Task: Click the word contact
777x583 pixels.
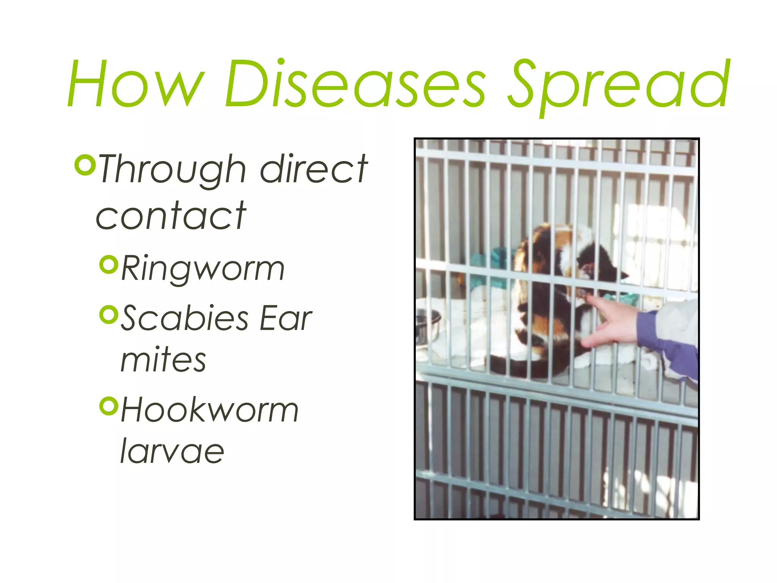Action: click(171, 216)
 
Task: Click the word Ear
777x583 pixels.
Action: click(285, 318)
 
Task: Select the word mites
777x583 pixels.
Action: click(163, 360)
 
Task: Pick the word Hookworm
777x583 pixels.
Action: click(209, 410)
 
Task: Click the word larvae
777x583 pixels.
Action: click(172, 452)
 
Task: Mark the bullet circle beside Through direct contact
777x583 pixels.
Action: click(84, 165)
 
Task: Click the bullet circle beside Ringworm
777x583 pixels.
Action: click(109, 265)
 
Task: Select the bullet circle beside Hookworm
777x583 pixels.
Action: click(109, 406)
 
